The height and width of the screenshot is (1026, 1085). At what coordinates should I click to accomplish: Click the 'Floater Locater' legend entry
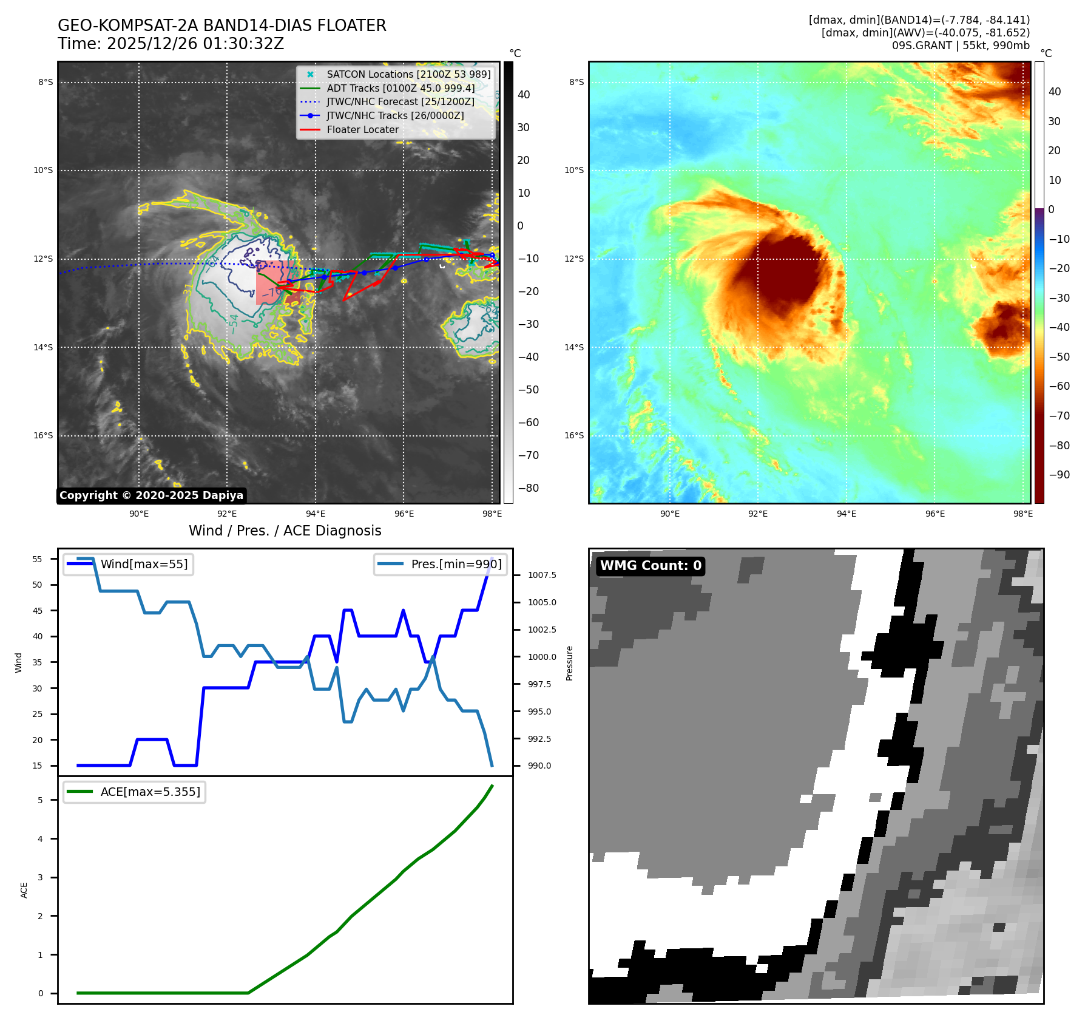(362, 129)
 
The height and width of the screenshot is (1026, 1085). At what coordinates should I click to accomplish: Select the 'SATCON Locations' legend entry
(408, 74)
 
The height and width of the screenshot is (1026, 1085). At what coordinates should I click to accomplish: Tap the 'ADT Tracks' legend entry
(401, 88)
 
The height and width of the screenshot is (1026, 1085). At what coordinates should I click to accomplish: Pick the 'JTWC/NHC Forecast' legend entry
(401, 101)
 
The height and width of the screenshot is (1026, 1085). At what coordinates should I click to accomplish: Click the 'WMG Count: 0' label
(651, 566)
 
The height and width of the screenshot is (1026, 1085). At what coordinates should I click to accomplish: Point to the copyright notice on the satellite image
(151, 495)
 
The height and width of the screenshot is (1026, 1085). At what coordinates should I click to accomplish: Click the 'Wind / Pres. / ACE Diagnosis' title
(285, 531)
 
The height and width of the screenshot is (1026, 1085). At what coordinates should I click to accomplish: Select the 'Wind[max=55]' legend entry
(144, 564)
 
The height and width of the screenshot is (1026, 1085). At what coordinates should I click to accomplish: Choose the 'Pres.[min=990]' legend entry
(456, 564)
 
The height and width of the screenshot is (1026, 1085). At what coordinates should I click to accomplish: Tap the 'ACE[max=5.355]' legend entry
(150, 792)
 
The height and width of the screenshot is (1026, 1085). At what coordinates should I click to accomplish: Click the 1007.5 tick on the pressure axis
(542, 575)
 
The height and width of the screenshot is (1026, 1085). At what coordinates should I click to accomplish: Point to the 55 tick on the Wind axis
(38, 559)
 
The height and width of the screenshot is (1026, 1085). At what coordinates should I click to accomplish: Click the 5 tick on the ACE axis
(41, 800)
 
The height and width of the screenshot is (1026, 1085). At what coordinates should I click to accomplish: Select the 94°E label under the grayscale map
(316, 514)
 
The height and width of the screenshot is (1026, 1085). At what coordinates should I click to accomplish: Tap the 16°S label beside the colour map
(574, 435)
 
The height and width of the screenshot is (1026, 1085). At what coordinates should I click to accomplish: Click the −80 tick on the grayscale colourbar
(528, 488)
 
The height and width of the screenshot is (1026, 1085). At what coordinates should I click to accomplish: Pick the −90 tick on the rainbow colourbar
(1059, 475)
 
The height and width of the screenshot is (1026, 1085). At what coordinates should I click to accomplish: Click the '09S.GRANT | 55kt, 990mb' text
(961, 46)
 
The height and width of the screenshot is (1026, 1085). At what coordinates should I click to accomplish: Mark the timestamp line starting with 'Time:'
(171, 44)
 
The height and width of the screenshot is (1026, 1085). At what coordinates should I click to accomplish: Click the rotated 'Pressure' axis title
(569, 663)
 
